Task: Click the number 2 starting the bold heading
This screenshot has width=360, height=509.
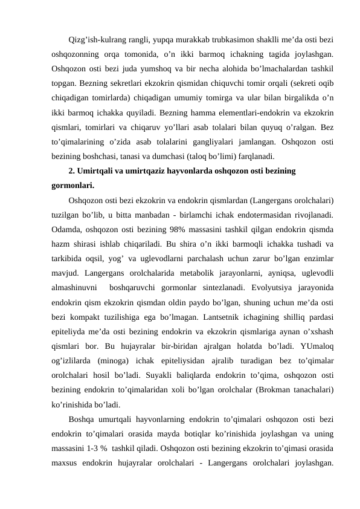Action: pos(72,171)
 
